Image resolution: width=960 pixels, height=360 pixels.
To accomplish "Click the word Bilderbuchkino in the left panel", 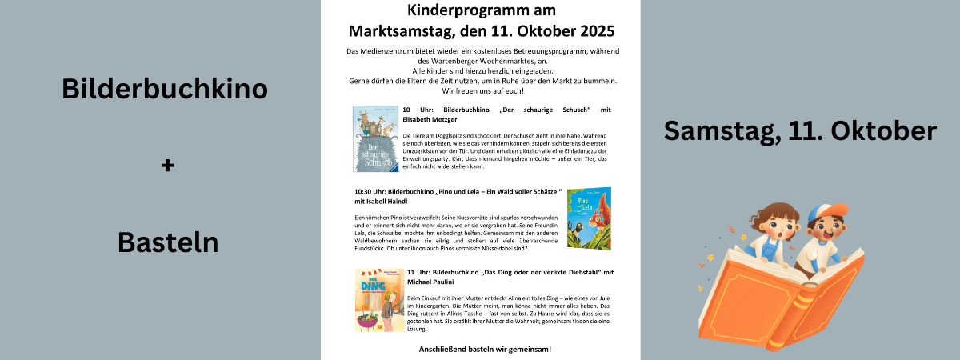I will coord(164,90).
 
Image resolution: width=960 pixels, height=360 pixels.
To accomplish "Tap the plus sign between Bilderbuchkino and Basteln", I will coord(166,166).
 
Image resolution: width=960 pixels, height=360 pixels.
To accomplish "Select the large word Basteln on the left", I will coord(168,241).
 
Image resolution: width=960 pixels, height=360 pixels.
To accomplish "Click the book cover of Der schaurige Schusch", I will coord(374,138).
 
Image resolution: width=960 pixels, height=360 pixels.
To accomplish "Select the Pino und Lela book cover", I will coord(588,217).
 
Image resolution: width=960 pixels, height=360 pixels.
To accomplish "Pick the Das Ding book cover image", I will coord(379,299).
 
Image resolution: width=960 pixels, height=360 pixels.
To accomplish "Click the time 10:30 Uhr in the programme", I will coord(369,192).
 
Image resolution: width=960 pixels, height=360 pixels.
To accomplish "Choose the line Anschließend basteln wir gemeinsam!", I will coord(485,350).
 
